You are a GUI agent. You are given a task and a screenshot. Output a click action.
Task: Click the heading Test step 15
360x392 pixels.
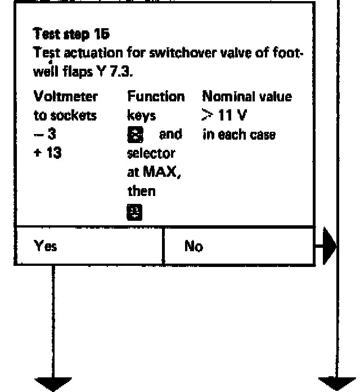71,34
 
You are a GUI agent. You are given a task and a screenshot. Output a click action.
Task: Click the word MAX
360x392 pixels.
166,173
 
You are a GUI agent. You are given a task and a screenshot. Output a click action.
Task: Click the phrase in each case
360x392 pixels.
239,135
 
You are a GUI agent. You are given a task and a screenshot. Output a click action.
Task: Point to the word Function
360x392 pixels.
156,97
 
